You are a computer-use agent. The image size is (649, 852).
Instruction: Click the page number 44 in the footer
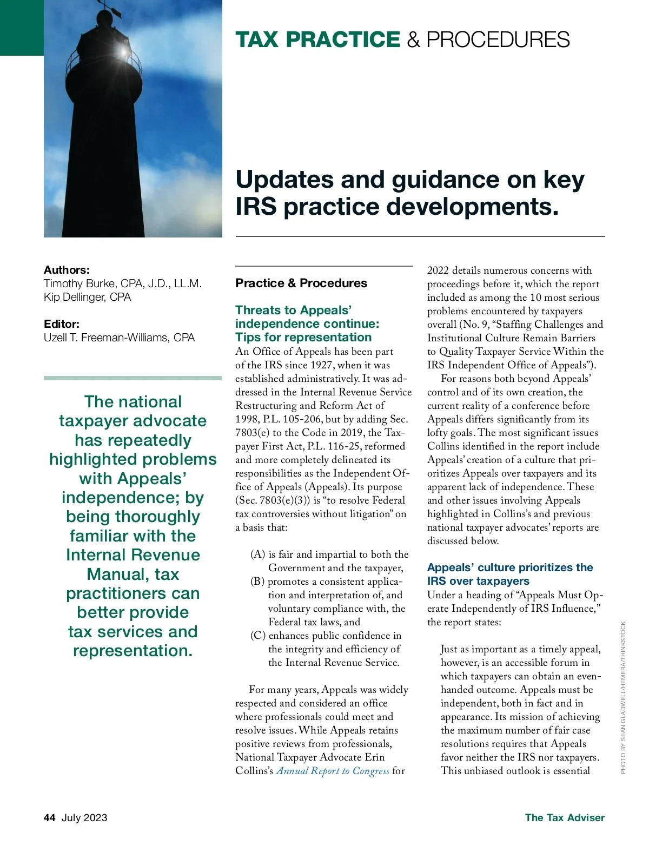pos(49,817)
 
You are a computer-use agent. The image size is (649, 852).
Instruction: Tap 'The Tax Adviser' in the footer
pos(565,817)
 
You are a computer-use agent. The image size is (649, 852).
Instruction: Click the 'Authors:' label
pos(67,270)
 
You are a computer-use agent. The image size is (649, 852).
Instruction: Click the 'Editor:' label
pos(62,324)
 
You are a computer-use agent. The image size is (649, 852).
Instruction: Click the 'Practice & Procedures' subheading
pos(301,283)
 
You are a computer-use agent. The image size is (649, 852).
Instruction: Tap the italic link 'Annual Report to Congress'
pos(333,771)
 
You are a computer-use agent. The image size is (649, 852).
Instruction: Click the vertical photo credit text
pos(623,697)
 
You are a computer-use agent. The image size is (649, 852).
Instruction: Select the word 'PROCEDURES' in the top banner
pos(498,40)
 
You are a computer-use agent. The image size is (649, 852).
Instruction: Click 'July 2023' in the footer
pos(84,817)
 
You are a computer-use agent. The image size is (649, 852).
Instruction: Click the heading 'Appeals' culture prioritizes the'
pos(509,567)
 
